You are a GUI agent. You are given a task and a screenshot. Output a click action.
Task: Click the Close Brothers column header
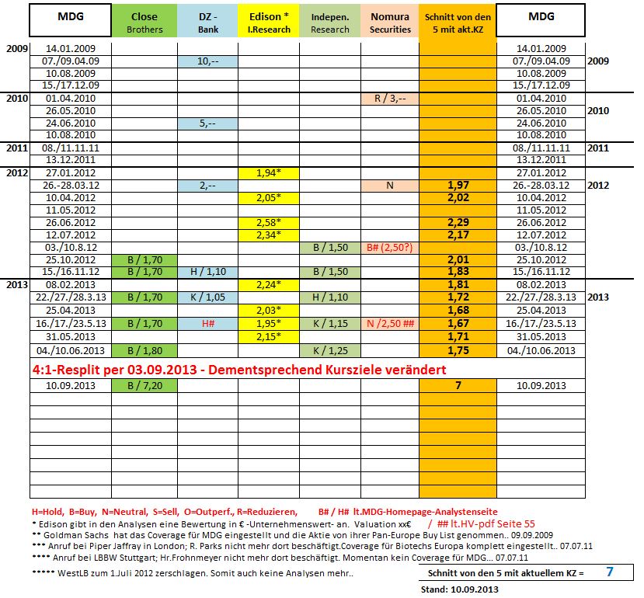pos(144,23)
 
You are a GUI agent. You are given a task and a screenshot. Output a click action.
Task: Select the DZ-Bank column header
pos(207,23)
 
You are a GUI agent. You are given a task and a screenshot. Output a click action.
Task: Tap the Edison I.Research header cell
pos(269,23)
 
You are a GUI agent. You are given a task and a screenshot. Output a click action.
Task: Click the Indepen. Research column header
pos(330,23)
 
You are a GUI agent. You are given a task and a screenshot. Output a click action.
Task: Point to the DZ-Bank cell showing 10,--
pos(207,61)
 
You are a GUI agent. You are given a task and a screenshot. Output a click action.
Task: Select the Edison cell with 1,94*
pos(269,173)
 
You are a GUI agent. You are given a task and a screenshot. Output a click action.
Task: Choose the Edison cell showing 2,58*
pos(269,223)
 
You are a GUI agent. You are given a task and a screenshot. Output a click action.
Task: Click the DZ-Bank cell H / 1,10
pos(207,272)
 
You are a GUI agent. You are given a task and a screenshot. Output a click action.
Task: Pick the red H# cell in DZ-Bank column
pos(207,322)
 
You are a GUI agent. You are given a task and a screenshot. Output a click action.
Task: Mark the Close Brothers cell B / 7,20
pos(144,385)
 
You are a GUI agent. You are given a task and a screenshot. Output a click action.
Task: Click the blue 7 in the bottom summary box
pos(610,572)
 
